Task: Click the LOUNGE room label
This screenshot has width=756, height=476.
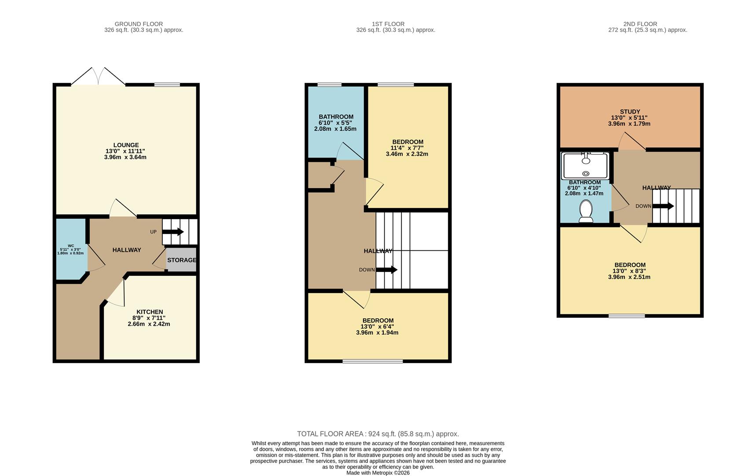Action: (x=126, y=145)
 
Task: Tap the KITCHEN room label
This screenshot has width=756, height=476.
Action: (x=150, y=312)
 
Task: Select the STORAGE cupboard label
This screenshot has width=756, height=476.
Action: (x=182, y=260)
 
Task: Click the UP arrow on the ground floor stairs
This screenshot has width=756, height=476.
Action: (x=173, y=231)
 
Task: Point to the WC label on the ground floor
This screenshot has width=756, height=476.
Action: (x=71, y=246)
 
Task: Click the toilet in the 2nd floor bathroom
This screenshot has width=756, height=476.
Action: (x=586, y=212)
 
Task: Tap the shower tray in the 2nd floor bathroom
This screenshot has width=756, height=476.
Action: (x=586, y=166)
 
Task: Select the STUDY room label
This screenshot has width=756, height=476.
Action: (x=630, y=112)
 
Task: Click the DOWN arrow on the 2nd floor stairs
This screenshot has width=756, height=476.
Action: (x=663, y=206)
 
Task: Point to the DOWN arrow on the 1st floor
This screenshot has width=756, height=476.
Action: (x=387, y=270)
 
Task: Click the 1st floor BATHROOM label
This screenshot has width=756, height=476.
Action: (x=336, y=117)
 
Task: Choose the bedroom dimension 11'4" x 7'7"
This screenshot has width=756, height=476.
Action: (x=407, y=148)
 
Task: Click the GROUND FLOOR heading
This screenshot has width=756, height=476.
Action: (x=139, y=24)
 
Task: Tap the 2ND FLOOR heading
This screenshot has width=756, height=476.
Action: (x=640, y=24)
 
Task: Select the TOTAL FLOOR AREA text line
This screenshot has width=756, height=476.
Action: (x=378, y=434)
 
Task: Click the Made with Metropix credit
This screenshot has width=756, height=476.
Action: (x=378, y=473)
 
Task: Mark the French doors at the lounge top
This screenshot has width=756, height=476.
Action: (x=98, y=76)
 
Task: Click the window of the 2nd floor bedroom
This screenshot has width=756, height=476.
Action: (x=627, y=316)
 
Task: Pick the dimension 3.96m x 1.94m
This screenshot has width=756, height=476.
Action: (x=377, y=333)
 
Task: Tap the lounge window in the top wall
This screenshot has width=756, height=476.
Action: (x=167, y=85)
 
